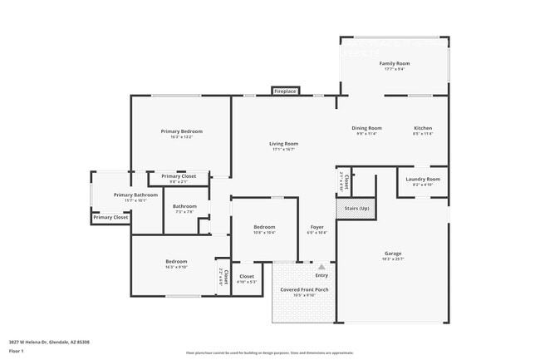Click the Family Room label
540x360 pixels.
(x=395, y=63)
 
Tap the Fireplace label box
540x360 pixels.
(x=285, y=91)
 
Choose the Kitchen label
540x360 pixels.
(x=423, y=128)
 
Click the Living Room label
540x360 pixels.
(x=283, y=144)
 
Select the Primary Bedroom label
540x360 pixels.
(x=181, y=131)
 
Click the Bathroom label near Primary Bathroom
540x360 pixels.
(x=184, y=206)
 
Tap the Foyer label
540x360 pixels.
(x=317, y=227)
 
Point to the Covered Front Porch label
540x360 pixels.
(x=304, y=289)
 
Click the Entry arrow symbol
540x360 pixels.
(x=322, y=267)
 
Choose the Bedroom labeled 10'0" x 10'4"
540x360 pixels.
(x=264, y=227)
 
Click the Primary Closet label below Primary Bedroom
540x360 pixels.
(x=179, y=176)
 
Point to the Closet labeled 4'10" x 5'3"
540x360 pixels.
(x=247, y=276)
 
